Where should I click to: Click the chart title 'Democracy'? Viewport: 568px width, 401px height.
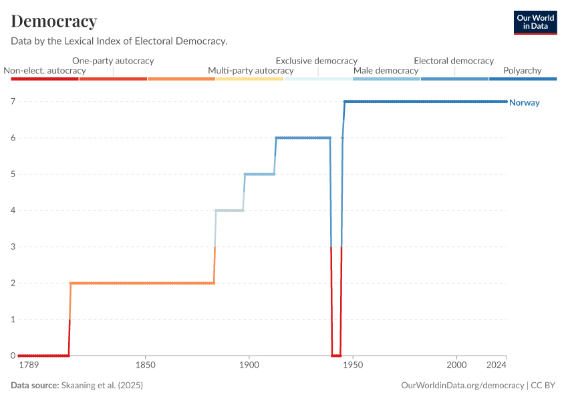pyautogui.click(x=54, y=21)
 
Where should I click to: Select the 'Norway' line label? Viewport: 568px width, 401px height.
pyautogui.click(x=524, y=103)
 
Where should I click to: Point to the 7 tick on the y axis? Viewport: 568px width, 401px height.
pyautogui.click(x=13, y=102)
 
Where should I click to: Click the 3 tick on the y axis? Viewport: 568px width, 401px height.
pyautogui.click(x=13, y=247)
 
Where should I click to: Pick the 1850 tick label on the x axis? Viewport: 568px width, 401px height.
pyautogui.click(x=145, y=366)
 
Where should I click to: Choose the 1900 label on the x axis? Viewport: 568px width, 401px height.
pyautogui.click(x=249, y=366)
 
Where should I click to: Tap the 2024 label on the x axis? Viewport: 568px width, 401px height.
pyautogui.click(x=496, y=366)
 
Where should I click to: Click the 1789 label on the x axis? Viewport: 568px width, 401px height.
pyautogui.click(x=29, y=366)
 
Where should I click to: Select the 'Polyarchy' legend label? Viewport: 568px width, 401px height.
pyautogui.click(x=522, y=70)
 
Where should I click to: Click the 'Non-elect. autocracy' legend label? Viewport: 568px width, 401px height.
pyautogui.click(x=45, y=70)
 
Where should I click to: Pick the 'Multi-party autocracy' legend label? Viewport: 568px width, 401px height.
pyautogui.click(x=251, y=70)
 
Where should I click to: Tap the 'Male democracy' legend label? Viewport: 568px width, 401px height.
pyautogui.click(x=386, y=70)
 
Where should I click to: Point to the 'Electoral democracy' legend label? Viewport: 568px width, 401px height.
pyautogui.click(x=454, y=61)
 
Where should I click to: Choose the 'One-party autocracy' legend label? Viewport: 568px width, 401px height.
pyautogui.click(x=113, y=61)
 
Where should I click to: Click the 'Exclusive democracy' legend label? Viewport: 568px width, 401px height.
pyautogui.click(x=317, y=61)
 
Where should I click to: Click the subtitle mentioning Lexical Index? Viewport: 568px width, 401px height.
pyautogui.click(x=119, y=41)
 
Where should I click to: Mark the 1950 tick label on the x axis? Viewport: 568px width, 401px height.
pyautogui.click(x=352, y=366)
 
